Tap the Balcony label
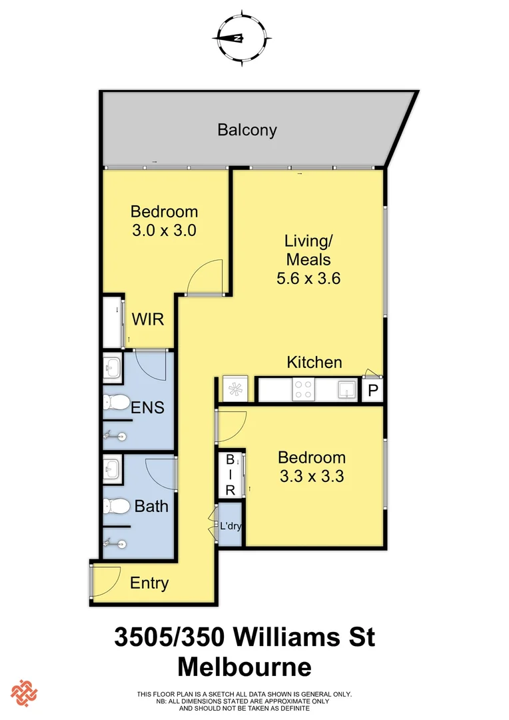click(x=247, y=129)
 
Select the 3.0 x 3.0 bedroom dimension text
click(x=165, y=231)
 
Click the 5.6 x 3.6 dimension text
click(x=308, y=278)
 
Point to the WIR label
click(x=147, y=319)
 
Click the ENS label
click(x=147, y=407)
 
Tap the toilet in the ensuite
click(x=116, y=402)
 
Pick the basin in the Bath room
click(x=111, y=468)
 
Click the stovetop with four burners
click(x=304, y=389)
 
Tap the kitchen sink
click(x=346, y=389)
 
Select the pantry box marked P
click(x=372, y=391)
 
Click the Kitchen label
click(x=314, y=363)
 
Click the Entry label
click(x=149, y=583)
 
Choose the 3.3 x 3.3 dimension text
click(x=312, y=477)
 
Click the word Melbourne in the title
click(x=245, y=667)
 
